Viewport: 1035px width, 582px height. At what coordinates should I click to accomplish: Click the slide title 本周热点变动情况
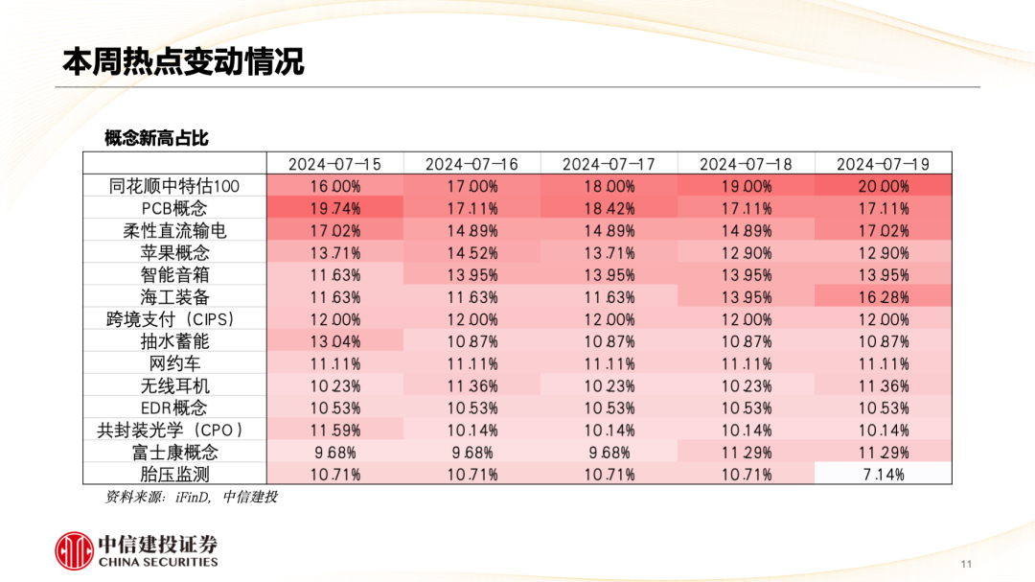183,61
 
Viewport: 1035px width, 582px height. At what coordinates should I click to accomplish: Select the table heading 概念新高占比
156,139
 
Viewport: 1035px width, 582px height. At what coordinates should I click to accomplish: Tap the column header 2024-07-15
334,164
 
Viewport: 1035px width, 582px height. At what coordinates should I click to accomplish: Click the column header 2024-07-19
883,164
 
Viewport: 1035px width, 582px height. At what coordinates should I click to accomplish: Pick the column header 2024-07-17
609,164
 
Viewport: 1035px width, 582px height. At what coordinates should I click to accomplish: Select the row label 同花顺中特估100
173,186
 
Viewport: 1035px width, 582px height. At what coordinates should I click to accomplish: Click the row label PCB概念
173,208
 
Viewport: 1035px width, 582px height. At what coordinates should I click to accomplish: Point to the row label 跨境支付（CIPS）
172,319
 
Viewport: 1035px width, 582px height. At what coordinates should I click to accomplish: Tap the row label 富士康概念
173,452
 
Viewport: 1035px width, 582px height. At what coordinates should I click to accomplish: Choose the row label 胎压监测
173,474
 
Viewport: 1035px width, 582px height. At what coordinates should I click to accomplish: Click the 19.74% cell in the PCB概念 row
334,208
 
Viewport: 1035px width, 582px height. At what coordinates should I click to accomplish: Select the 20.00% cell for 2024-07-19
883,186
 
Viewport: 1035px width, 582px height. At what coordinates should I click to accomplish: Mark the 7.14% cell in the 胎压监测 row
883,474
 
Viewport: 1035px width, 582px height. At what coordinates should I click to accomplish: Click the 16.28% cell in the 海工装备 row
883,297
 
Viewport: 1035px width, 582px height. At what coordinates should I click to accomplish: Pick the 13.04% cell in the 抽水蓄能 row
334,341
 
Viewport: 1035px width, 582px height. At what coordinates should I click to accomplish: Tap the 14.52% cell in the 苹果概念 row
471,253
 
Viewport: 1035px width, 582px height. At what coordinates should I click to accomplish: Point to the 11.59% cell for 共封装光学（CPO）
334,430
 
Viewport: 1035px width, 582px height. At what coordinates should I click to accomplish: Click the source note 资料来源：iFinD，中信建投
191,497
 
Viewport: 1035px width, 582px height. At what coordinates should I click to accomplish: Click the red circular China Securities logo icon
73,549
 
